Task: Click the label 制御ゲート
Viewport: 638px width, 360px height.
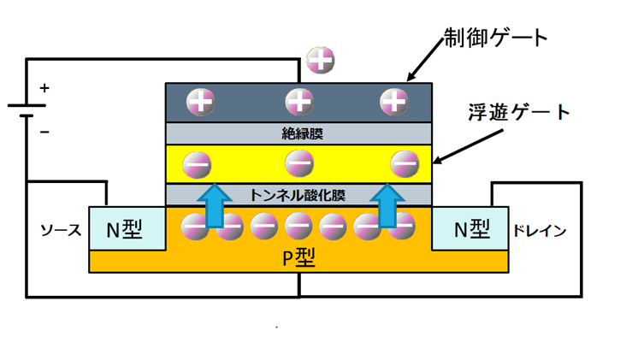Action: [x=495, y=38]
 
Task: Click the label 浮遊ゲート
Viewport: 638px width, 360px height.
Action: [x=519, y=112]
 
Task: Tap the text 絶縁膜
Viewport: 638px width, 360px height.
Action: [x=302, y=133]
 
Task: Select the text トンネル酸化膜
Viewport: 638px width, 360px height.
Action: [x=298, y=195]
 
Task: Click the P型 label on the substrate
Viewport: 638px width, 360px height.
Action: [x=299, y=257]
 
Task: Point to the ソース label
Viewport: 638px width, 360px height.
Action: [x=61, y=231]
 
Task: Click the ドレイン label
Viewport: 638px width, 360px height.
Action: [x=540, y=231]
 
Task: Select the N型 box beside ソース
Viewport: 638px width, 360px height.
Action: [x=127, y=228]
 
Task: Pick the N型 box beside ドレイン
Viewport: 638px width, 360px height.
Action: [x=470, y=228]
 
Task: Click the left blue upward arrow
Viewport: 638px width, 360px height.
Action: [x=215, y=205]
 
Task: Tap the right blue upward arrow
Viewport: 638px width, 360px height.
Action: [x=387, y=205]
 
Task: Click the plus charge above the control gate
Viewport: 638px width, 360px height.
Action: [x=321, y=60]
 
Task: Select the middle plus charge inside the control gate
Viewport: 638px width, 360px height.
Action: [x=299, y=101]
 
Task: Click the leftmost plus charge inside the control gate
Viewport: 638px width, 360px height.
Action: [x=201, y=101]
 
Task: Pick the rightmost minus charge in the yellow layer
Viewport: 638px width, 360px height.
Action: [x=405, y=164]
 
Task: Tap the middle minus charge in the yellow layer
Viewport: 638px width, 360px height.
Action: [x=299, y=163]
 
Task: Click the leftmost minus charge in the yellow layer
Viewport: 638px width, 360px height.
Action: [x=197, y=165]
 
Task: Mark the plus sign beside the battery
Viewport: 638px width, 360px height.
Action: [x=44, y=88]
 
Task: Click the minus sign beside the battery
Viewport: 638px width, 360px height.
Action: [x=44, y=132]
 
